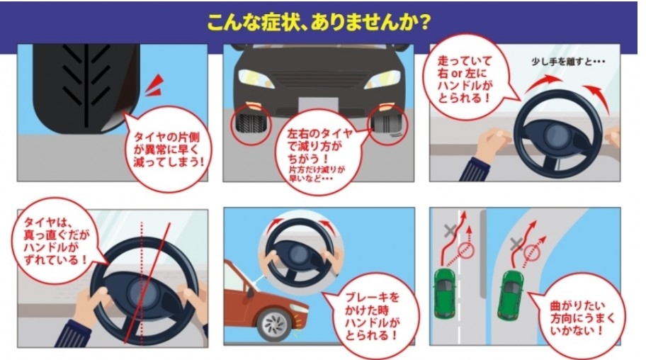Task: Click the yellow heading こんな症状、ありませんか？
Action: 319,22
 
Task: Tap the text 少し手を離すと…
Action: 568,62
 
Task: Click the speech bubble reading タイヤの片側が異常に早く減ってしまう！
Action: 167,148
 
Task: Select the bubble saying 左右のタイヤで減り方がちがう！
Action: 319,152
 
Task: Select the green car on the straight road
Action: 444,293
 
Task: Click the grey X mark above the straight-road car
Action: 450,230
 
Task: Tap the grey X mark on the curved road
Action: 516,244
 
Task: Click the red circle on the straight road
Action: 467,251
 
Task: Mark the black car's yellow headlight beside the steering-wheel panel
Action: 383,79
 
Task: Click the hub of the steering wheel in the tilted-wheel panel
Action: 143,293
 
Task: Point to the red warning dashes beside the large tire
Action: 155,85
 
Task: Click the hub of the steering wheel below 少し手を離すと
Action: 557,135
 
